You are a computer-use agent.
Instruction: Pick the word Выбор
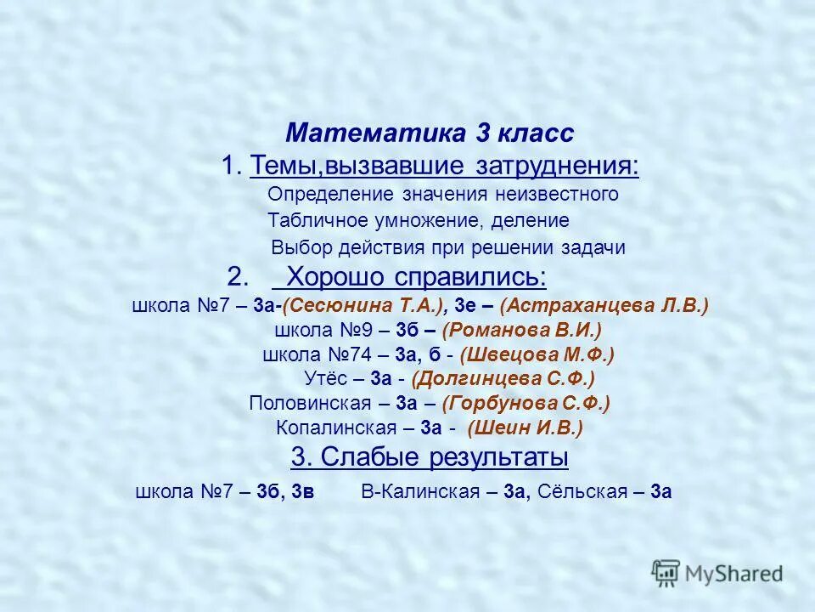pos(298,248)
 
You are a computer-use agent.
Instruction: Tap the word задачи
pos(593,248)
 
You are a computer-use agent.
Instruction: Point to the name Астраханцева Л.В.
pos(604,306)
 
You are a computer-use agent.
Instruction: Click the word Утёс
pos(323,379)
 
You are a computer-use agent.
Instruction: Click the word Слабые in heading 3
pos(360,458)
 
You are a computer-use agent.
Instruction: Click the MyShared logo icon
pos(666,572)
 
